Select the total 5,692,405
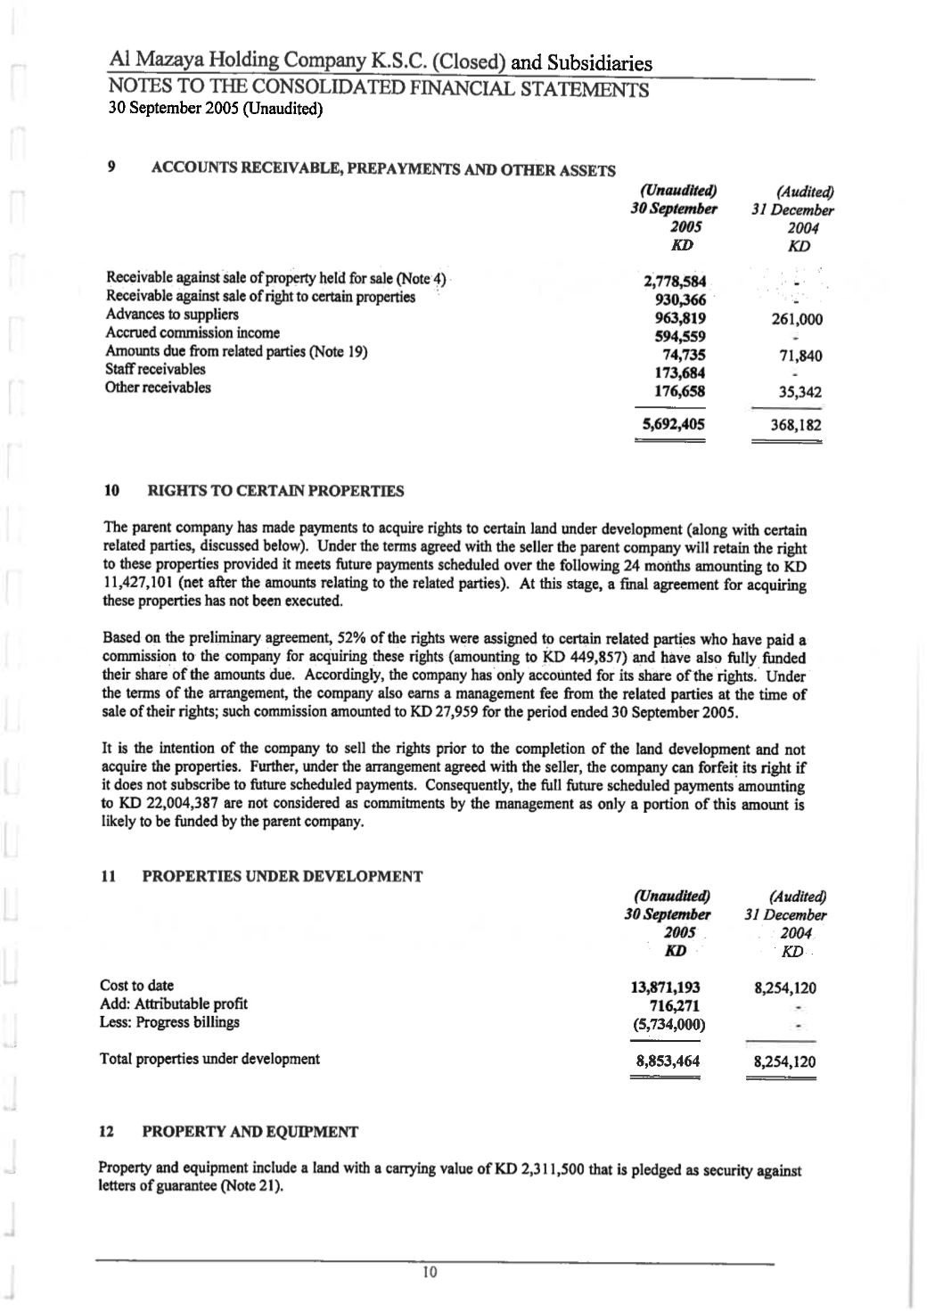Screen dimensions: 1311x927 (x=675, y=424)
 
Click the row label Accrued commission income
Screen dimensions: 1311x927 (x=193, y=332)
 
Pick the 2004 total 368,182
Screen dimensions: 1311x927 (x=796, y=425)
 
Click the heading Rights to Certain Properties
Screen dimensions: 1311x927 (x=275, y=490)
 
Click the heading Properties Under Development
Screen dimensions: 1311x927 (x=282, y=876)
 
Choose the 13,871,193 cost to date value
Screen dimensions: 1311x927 (x=665, y=987)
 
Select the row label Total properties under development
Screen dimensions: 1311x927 (x=209, y=1059)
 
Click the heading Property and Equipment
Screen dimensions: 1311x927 (x=250, y=1132)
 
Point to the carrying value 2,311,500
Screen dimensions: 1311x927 (x=567, y=1170)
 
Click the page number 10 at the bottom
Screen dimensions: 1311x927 (x=429, y=1272)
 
